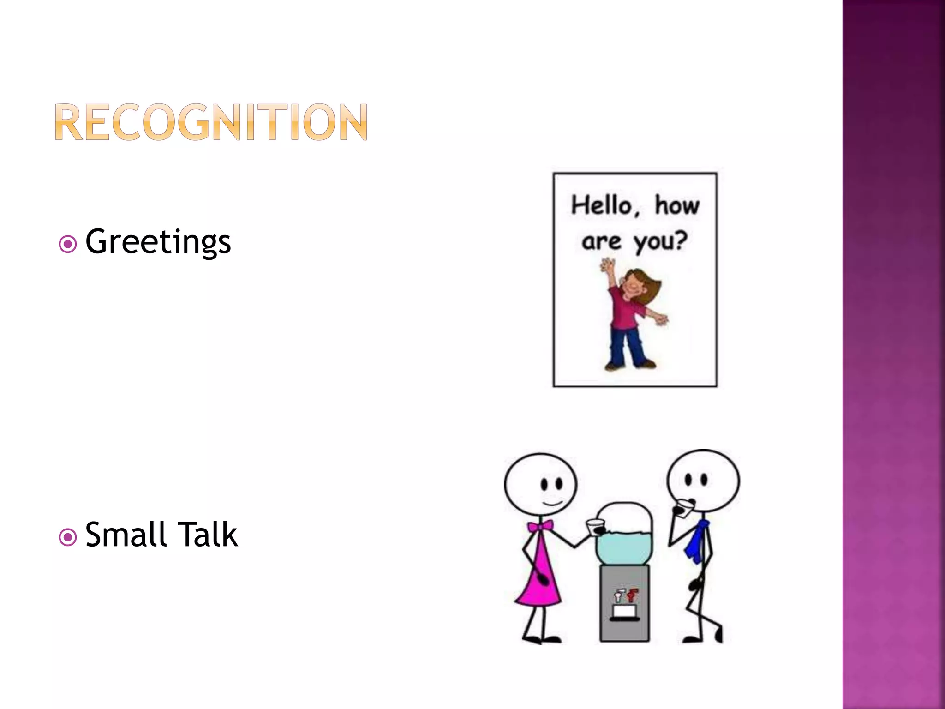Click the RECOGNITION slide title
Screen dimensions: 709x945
(x=211, y=122)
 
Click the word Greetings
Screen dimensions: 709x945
(x=158, y=242)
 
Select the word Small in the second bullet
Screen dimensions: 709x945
(x=126, y=535)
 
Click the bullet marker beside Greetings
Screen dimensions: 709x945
(x=68, y=244)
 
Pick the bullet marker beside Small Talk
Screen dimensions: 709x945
(x=68, y=537)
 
